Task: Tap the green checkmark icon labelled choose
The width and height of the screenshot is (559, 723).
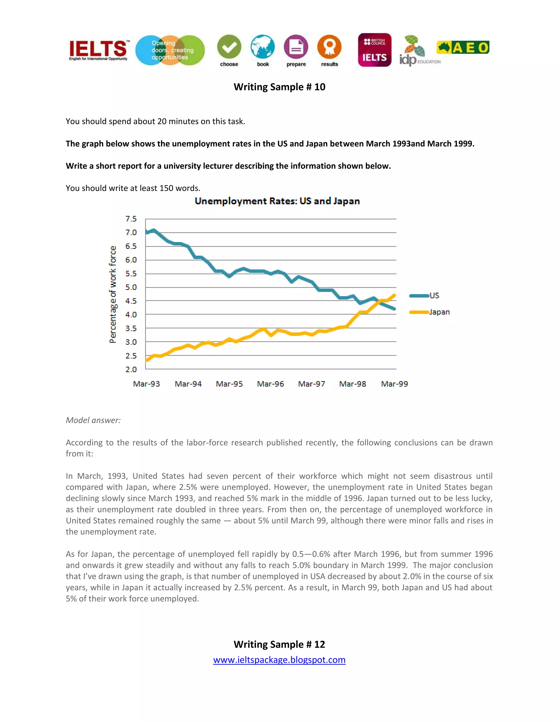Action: coord(229,47)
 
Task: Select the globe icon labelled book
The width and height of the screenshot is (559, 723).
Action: coord(263,47)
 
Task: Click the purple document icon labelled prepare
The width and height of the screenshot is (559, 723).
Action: coord(296,47)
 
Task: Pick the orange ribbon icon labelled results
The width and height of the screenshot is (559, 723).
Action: coord(329,47)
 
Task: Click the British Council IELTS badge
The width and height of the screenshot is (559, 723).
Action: coord(374,50)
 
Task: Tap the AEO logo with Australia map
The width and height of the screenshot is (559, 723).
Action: coord(463,48)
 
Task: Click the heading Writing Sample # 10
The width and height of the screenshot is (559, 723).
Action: coord(279,87)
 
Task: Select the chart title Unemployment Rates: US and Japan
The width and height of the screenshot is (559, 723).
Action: coord(277,201)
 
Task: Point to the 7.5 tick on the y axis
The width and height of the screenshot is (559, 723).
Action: coord(131,219)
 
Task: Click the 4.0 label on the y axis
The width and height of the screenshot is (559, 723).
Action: coord(131,315)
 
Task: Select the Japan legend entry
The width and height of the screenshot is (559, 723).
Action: coord(439,312)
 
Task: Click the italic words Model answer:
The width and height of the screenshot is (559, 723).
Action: coord(93,420)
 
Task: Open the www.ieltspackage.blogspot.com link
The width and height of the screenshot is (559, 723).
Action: coord(279,660)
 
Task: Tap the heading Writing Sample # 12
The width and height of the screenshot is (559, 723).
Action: coord(279,644)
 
